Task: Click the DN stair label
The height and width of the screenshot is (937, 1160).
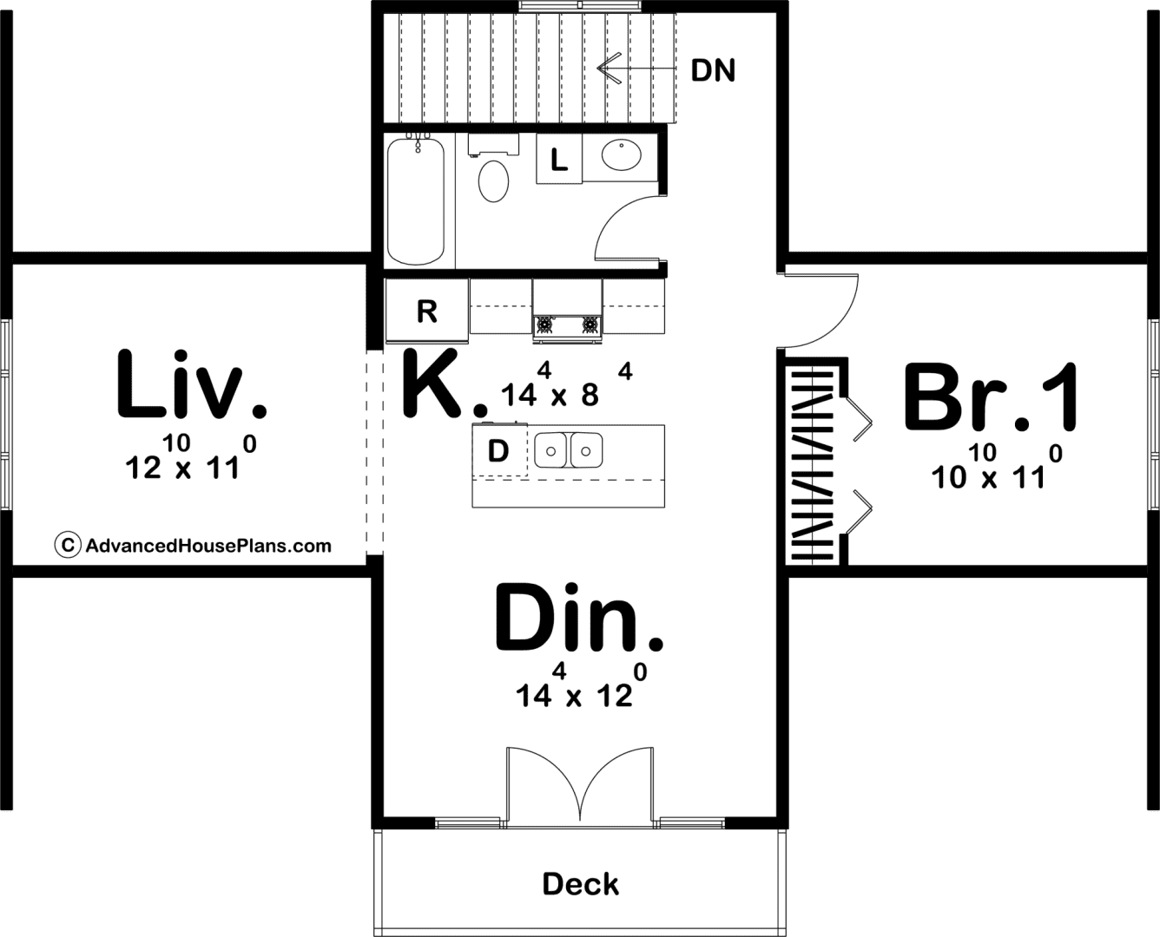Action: pyautogui.click(x=713, y=70)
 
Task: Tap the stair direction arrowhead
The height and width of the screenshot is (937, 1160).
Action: pyautogui.click(x=609, y=68)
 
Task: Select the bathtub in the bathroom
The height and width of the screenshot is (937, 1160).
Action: pyautogui.click(x=416, y=201)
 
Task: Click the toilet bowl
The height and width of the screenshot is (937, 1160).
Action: pyautogui.click(x=493, y=181)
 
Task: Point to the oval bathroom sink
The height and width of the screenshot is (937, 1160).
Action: pyautogui.click(x=622, y=155)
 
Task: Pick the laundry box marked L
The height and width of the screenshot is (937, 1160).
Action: pyautogui.click(x=559, y=159)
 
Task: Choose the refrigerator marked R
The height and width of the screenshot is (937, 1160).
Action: pyautogui.click(x=427, y=311)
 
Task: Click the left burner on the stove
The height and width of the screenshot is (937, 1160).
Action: pyautogui.click(x=544, y=324)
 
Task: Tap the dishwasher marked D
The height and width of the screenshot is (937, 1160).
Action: pyautogui.click(x=499, y=451)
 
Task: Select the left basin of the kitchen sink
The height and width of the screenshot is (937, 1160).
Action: pyautogui.click(x=550, y=450)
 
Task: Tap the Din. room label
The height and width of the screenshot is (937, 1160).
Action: pyautogui.click(x=579, y=617)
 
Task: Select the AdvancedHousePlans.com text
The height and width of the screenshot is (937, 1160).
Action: pyautogui.click(x=208, y=546)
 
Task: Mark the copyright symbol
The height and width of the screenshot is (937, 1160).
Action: pyautogui.click(x=68, y=545)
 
